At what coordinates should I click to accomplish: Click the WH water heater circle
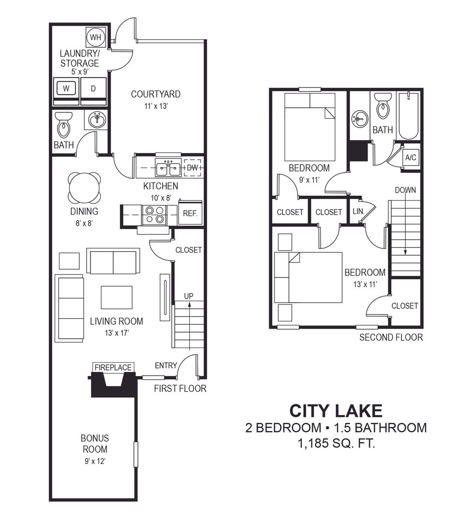[96, 37]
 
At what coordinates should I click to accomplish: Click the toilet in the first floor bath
[63, 125]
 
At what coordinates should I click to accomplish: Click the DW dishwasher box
[192, 168]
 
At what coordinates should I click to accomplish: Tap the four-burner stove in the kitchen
[155, 215]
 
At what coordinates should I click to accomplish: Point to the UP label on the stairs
[189, 296]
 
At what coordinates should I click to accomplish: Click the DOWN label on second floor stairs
[405, 190]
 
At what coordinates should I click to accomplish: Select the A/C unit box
[411, 157]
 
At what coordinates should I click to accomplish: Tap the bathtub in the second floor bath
[408, 116]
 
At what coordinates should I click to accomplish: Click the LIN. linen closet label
[359, 212]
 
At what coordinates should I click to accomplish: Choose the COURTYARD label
[156, 94]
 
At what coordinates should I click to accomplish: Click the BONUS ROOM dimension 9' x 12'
[95, 461]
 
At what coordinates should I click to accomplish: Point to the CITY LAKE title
[336, 411]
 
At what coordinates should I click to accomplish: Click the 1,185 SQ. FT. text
[336, 443]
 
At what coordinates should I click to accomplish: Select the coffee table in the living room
[117, 297]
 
